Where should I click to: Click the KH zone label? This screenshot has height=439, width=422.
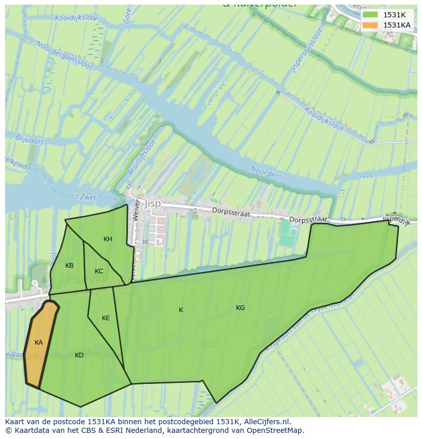tap(108, 239)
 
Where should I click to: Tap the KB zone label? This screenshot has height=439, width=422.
tap(69, 266)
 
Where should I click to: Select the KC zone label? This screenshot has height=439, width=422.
tap(99, 271)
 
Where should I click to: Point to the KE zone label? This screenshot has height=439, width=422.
tap(106, 318)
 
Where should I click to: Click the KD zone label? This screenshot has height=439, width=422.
tap(79, 355)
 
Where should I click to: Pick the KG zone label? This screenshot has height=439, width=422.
tap(240, 308)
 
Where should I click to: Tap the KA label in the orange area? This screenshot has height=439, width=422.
tap(39, 343)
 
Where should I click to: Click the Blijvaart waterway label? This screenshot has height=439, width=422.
tap(30, 140)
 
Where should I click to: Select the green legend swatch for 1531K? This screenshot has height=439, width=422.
tap(371, 15)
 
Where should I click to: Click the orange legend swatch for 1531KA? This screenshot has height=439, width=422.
tap(371, 25)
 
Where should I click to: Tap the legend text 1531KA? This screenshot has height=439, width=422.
tap(397, 25)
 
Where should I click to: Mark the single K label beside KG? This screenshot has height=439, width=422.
tap(181, 310)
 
